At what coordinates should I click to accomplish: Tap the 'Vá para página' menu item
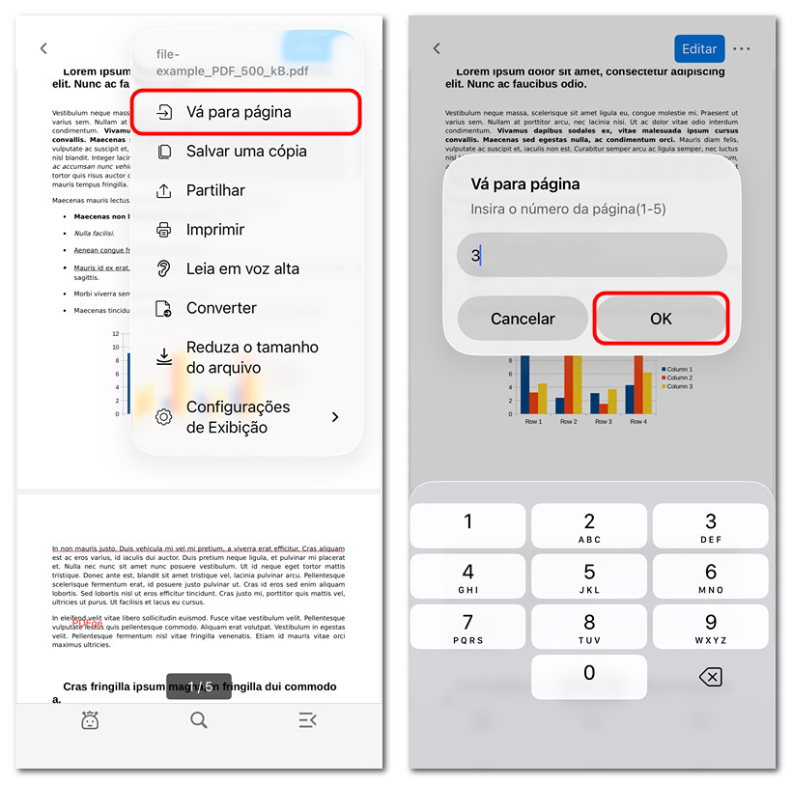[246, 112]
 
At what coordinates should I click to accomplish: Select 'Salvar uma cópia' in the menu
[246, 152]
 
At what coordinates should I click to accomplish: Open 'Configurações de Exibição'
[246, 417]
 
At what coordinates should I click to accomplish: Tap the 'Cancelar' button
[523, 319]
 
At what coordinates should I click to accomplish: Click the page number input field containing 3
[591, 256]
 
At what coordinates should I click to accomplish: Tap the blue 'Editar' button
[699, 49]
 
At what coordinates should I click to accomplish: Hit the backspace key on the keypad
[710, 677]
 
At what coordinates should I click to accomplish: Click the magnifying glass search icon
[199, 719]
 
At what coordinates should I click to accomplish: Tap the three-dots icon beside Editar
[742, 49]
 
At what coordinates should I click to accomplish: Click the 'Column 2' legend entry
[677, 378]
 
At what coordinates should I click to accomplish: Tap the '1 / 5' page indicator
[199, 687]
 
